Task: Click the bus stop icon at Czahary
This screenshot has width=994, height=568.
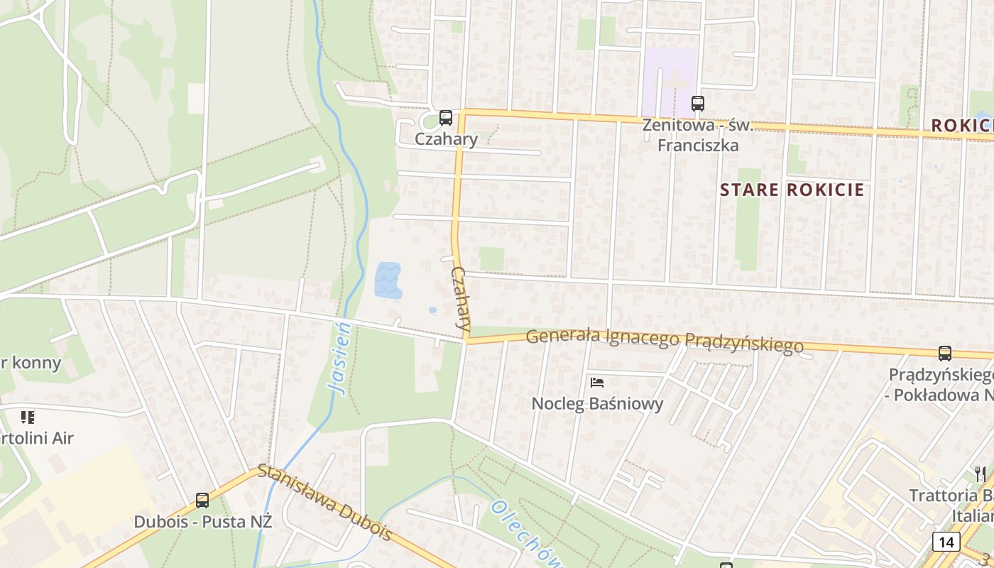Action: pyautogui.click(x=445, y=118)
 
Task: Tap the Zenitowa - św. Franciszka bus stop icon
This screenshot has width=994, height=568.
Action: pyautogui.click(x=698, y=104)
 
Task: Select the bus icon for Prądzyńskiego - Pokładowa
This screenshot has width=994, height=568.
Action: pyautogui.click(x=944, y=353)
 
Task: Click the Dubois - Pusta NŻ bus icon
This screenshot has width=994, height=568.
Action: pyautogui.click(x=202, y=501)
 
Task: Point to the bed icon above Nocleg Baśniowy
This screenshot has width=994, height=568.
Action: pyautogui.click(x=597, y=383)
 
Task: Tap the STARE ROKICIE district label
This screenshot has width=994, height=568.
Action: pyautogui.click(x=792, y=190)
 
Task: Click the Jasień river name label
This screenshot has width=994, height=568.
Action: pyautogui.click(x=342, y=358)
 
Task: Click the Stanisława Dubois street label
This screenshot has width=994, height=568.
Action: pyautogui.click(x=324, y=501)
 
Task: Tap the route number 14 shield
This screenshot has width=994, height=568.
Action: pyautogui.click(x=946, y=542)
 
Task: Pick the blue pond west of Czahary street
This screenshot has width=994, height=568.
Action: pyautogui.click(x=388, y=280)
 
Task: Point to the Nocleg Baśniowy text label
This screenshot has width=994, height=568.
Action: pyautogui.click(x=597, y=404)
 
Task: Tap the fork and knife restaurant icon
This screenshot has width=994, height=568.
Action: pyautogui.click(x=980, y=474)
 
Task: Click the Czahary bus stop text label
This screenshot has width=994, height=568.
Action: pyautogui.click(x=446, y=138)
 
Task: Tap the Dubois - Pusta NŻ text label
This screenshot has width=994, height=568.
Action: pyautogui.click(x=202, y=521)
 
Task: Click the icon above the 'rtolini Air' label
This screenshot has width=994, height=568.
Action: pyautogui.click(x=28, y=417)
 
